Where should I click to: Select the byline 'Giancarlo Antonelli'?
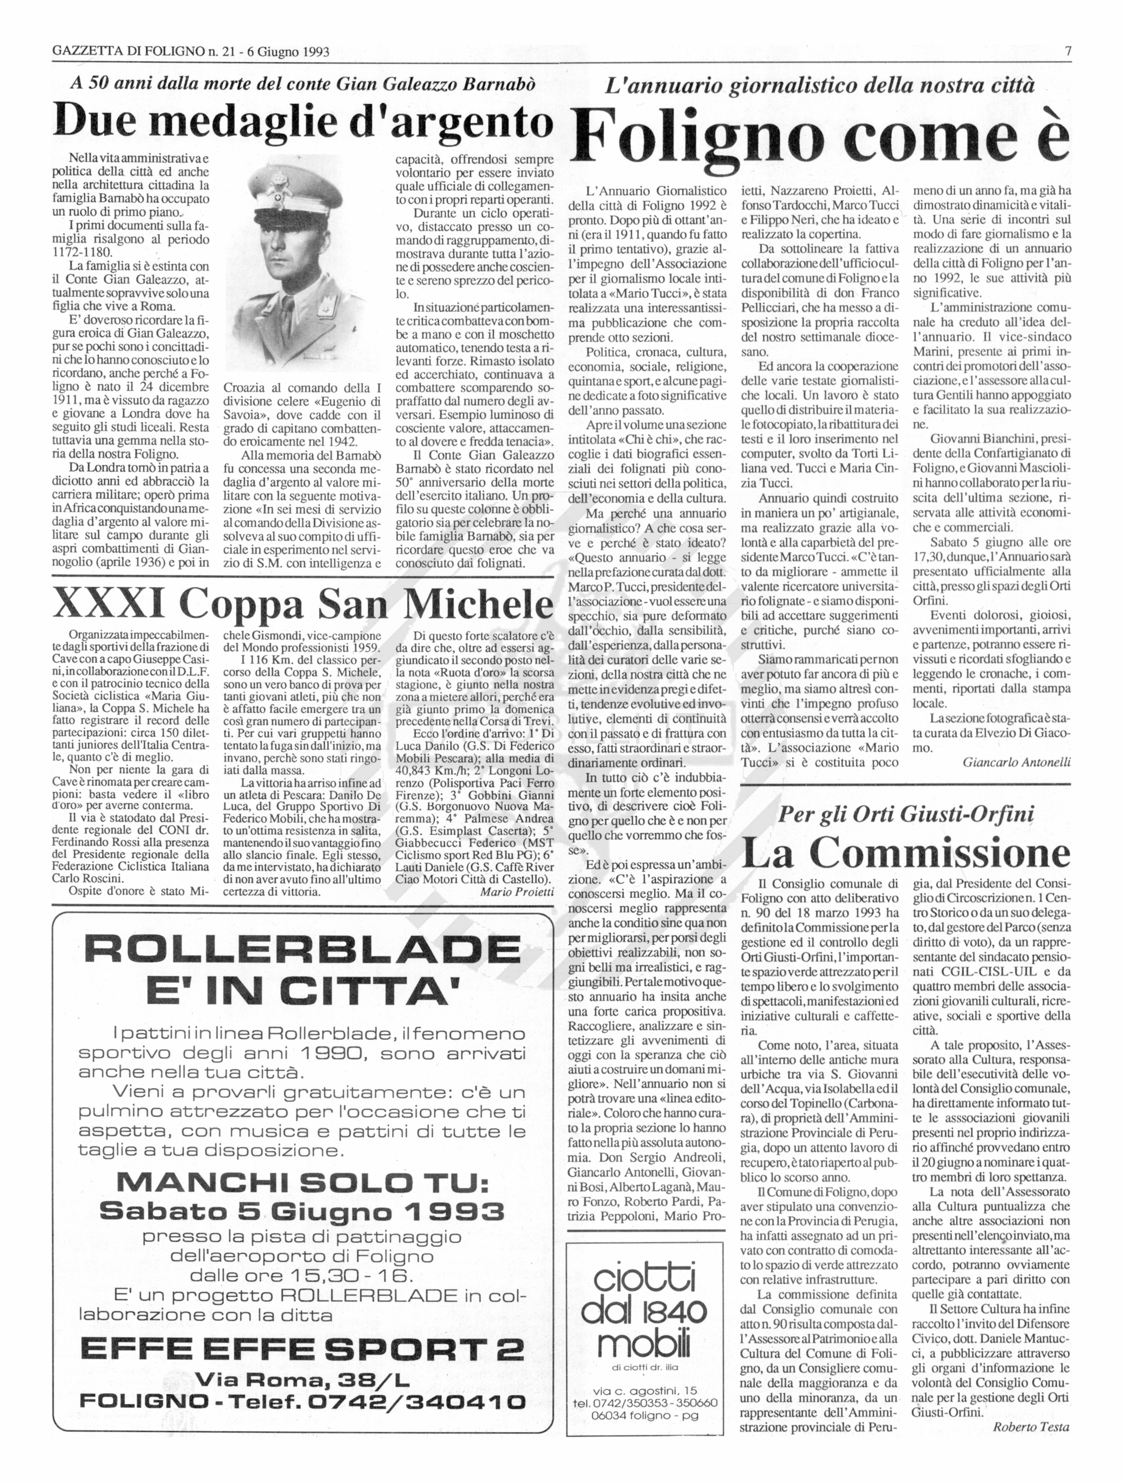(1016, 762)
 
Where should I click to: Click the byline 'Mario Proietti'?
(517, 892)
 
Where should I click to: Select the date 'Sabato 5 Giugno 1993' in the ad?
(303, 1211)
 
